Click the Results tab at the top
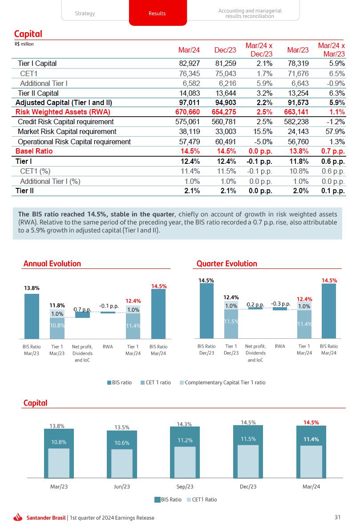(x=157, y=13)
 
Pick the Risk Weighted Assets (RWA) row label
(x=63, y=112)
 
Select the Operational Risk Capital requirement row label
(x=74, y=142)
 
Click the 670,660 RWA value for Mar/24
(x=186, y=112)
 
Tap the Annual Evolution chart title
(x=52, y=264)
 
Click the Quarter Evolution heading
(x=227, y=264)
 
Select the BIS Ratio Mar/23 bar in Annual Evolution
(x=32, y=316)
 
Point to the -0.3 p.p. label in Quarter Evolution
(x=280, y=304)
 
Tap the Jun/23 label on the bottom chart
(x=121, y=487)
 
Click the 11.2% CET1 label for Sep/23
(x=185, y=440)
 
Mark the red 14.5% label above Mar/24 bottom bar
(x=311, y=422)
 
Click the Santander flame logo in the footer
(x=18, y=517)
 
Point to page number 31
(x=337, y=517)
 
